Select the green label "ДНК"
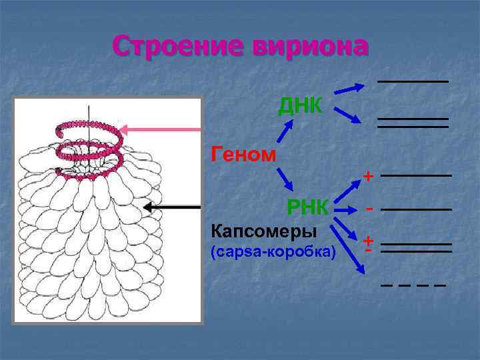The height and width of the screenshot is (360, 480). tap(301, 105)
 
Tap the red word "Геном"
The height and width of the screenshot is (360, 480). tap(243, 155)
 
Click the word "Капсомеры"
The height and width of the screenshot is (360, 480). tap(263, 231)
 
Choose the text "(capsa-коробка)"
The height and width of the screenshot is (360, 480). tap(273, 253)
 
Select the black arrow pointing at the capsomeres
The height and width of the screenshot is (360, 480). tap(172, 207)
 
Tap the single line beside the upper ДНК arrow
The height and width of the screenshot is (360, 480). tap(413, 81)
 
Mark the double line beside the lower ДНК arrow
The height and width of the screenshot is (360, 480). tap(413, 123)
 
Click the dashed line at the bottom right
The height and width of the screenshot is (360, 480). tap(413, 285)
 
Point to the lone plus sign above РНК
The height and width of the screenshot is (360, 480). tap(367, 176)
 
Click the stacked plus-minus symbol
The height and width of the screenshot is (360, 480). tap(368, 244)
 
